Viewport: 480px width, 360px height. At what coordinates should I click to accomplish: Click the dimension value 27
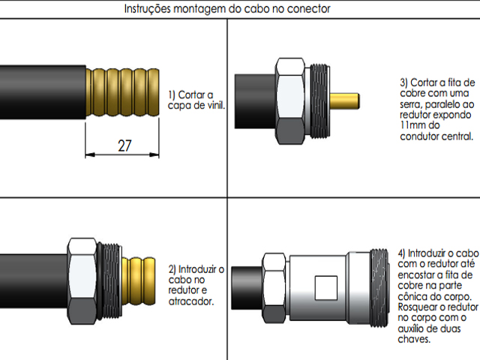pos(125,145)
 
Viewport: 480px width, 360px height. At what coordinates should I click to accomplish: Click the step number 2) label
pos(173,268)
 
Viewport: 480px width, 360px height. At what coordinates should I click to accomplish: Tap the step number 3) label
pos(406,82)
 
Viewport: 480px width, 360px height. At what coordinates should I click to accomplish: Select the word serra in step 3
pos(412,103)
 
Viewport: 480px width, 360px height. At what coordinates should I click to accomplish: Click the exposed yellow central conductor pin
pos(346,100)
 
